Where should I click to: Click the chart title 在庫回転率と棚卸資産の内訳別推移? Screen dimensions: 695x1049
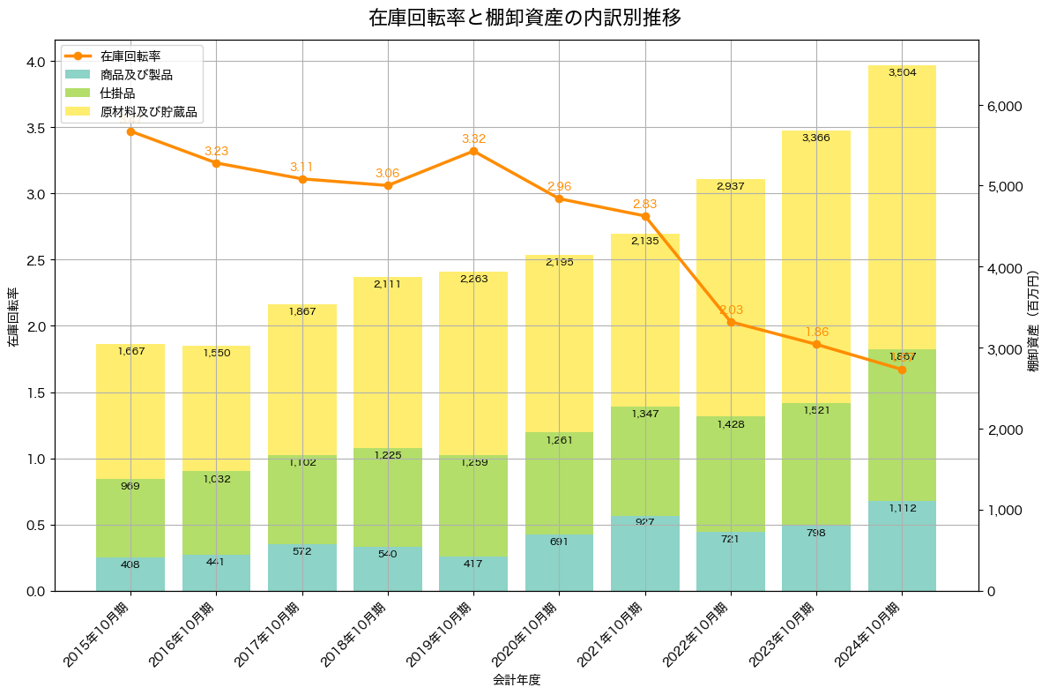tap(524, 18)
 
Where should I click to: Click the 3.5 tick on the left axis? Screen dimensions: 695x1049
tap(36, 128)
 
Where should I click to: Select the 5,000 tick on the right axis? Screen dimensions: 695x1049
tap(1003, 187)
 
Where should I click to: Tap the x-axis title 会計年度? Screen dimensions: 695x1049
tap(516, 680)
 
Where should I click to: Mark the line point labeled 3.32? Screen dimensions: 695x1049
tap(473, 151)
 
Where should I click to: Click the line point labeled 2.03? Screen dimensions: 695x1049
tap(731, 322)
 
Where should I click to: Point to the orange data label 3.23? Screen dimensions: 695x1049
tap(216, 151)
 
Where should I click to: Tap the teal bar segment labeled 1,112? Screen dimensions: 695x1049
tap(902, 546)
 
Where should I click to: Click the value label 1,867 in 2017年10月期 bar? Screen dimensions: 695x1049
tap(301, 311)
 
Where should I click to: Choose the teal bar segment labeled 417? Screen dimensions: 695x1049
tap(473, 574)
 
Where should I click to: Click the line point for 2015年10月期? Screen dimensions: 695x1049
tap(130, 131)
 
